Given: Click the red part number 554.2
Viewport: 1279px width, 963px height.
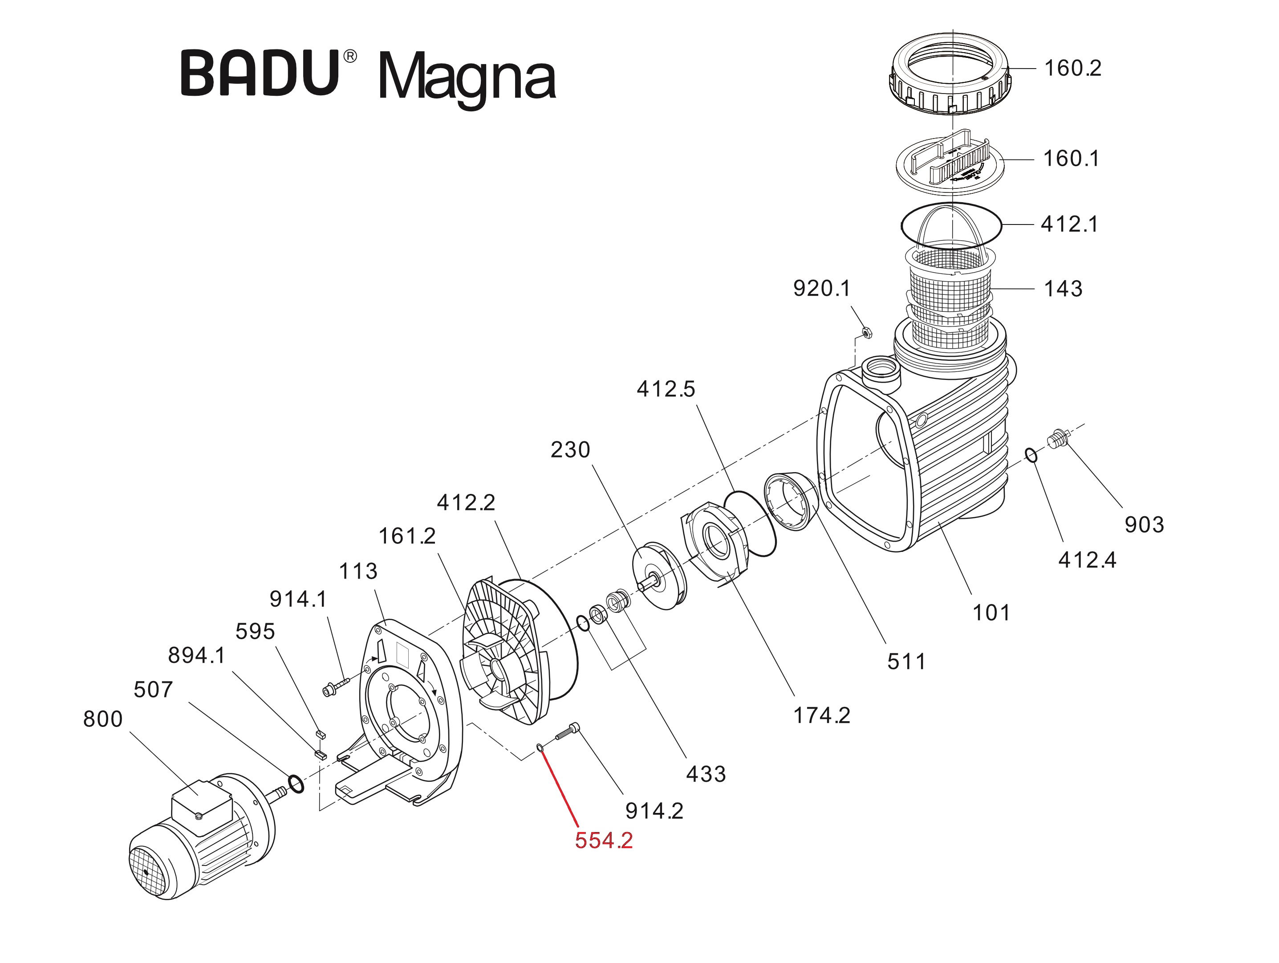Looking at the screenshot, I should pyautogui.click(x=603, y=841).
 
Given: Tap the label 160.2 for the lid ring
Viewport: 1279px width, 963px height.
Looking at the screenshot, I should pyautogui.click(x=1072, y=68).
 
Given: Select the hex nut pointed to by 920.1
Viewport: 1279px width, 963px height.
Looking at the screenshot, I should pyautogui.click(x=866, y=333).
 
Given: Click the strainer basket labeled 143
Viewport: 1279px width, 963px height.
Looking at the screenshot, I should pyautogui.click(x=951, y=295).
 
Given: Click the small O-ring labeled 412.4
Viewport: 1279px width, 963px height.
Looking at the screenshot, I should pyautogui.click(x=1031, y=455).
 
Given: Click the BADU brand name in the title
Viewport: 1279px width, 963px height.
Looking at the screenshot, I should pyautogui.click(x=260, y=73).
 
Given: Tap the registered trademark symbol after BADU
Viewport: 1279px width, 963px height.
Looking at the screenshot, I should pyautogui.click(x=350, y=56).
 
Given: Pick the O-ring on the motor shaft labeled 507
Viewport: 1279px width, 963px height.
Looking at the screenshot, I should pyautogui.click(x=296, y=785).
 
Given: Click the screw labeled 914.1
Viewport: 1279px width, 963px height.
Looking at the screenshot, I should pyautogui.click(x=335, y=687).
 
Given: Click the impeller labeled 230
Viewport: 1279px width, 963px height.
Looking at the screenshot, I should pyautogui.click(x=659, y=575).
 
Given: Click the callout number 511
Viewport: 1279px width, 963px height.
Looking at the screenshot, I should pyautogui.click(x=906, y=661).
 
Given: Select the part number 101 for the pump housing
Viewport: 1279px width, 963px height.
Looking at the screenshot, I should pyautogui.click(x=991, y=612).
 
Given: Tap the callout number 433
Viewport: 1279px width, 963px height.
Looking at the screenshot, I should pyautogui.click(x=706, y=774).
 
